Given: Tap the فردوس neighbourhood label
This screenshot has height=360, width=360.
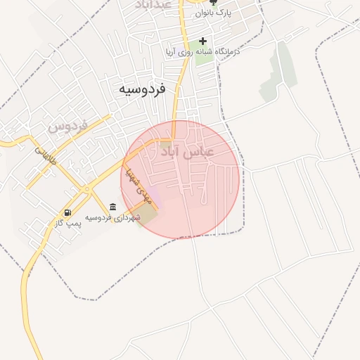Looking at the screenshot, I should tap(67, 127).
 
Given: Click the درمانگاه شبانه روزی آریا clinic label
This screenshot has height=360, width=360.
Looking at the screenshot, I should tap(202, 52).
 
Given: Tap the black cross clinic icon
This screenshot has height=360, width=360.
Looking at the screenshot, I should tap(203, 41).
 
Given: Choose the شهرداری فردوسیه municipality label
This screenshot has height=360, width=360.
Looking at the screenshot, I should tap(113, 217).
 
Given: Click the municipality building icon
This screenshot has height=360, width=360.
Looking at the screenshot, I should tap(113, 207).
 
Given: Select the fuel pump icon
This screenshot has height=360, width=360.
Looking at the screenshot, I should tap(67, 212).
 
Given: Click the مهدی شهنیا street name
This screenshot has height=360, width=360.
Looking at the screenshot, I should tap(131, 184).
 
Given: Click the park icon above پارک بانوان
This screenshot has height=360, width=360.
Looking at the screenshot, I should tap(214, 3).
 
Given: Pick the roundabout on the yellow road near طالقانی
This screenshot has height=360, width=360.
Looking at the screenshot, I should tap(85, 188).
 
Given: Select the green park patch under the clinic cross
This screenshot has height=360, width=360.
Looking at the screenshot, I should tap(203, 56).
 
